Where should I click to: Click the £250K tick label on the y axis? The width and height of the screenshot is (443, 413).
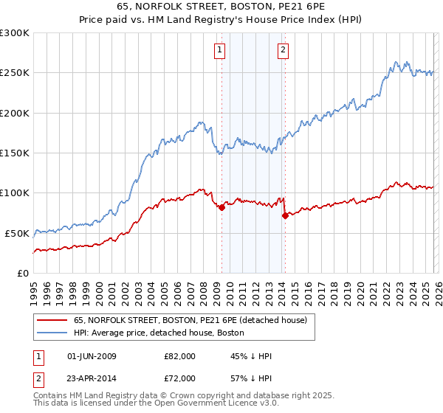pos(15,73)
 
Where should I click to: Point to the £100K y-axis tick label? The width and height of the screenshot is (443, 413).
pos(15,192)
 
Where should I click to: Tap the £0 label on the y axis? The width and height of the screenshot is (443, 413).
pos(23,273)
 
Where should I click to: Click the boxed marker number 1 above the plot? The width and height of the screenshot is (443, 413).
pos(221,50)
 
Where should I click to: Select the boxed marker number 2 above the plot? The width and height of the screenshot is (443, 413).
pos(284,50)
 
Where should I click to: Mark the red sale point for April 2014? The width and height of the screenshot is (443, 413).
pos(285,215)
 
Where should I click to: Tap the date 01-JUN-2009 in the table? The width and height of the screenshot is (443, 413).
pos(92,356)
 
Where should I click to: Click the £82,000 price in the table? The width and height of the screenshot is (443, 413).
pos(179,356)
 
